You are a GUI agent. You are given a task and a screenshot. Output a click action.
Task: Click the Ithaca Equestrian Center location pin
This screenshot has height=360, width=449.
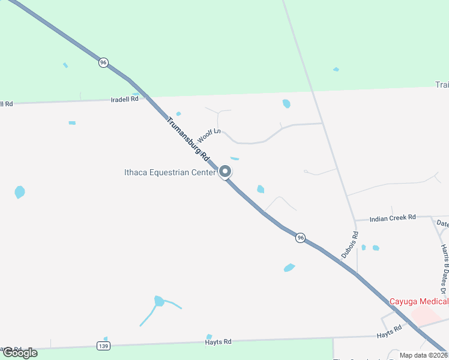tap(225, 172)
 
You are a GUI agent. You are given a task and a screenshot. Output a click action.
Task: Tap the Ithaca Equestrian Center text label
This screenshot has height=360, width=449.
tap(169, 173)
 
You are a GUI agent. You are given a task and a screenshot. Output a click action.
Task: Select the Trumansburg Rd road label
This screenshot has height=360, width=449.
tap(187, 139)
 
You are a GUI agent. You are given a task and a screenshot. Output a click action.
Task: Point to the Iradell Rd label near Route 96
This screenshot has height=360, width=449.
tap(125, 99)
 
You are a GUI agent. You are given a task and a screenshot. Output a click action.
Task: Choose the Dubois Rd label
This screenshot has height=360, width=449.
tap(350, 245)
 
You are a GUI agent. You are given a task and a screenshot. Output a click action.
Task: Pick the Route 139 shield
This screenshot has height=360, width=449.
tap(104, 346)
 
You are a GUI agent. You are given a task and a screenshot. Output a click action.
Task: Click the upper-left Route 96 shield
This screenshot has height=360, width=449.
tap(104, 62)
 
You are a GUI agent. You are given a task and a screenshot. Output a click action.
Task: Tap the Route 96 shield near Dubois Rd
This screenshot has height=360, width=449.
tap(301, 238)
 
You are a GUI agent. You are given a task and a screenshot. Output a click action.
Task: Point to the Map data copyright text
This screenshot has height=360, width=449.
tap(423, 355)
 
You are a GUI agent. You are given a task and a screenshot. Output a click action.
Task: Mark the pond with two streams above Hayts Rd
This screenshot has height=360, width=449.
tap(158, 301)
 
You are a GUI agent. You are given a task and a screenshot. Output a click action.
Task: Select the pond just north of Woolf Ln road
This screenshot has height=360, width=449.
tap(286, 104)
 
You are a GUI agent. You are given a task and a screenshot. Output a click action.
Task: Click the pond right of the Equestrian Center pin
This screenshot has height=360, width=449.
tap(261, 190)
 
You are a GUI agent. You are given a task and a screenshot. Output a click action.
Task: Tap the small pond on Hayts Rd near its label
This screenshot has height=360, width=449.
tap(209, 337)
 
